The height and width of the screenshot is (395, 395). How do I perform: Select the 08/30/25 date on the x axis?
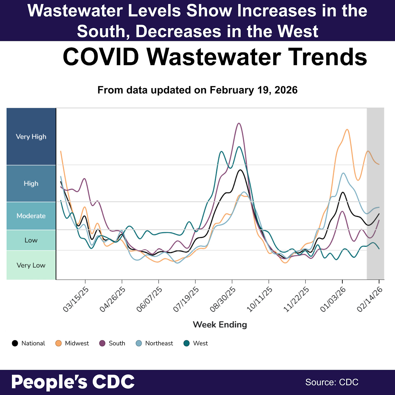click(223, 299)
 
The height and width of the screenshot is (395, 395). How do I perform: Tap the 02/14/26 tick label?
click(370, 299)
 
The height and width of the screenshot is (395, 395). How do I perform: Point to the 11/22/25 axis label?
click(296, 299)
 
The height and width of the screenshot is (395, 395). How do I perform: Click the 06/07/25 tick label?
click(149, 299)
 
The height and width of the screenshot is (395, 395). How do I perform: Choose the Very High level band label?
click(31, 137)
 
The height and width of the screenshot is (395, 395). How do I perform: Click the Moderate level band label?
click(31, 216)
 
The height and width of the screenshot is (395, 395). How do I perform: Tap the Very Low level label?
click(31, 265)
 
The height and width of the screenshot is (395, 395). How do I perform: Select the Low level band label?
click(31, 240)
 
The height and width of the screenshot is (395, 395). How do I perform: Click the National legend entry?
click(28, 343)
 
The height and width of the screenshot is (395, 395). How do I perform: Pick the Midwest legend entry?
click(72, 343)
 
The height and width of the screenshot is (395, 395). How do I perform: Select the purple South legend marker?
click(102, 343)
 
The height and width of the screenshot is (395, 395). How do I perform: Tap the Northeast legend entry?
click(154, 343)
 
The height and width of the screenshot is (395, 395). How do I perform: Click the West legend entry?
click(196, 343)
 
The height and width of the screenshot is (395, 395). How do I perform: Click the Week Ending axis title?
click(220, 325)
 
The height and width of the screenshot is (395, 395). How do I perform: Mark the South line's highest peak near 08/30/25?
click(239, 123)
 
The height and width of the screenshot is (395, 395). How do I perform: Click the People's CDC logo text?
click(73, 382)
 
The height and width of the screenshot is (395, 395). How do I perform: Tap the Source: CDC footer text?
click(332, 382)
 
